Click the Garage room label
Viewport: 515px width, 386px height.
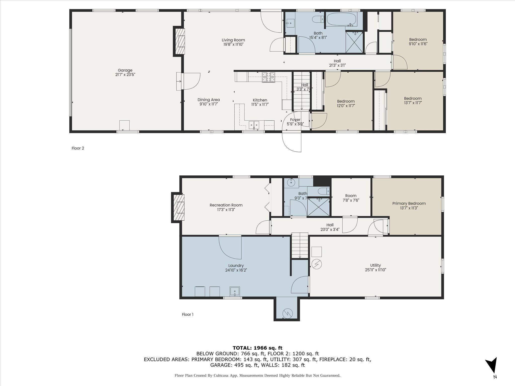pos(125,70)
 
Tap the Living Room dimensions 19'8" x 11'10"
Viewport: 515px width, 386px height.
pos(233,44)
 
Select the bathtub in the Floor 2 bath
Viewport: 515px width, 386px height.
pos(341,19)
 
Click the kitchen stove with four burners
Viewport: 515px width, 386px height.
pos(269,77)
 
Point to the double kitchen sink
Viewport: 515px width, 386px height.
pos(254,125)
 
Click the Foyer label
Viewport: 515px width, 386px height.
pos(295,120)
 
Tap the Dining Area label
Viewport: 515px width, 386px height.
pos(208,100)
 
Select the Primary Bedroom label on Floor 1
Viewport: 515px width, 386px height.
pos(409,204)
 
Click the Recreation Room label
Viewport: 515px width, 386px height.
pos(226,205)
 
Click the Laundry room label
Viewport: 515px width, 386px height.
pos(236,266)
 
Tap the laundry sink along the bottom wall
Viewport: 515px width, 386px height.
pos(235,292)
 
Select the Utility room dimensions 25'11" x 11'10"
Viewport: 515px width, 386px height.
pos(375,270)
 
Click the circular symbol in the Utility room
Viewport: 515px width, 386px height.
pos(316,264)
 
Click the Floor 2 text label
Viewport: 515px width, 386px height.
pos(78,148)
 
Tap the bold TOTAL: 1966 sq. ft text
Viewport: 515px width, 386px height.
pos(257,348)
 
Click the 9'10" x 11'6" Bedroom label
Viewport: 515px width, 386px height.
pos(418,39)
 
